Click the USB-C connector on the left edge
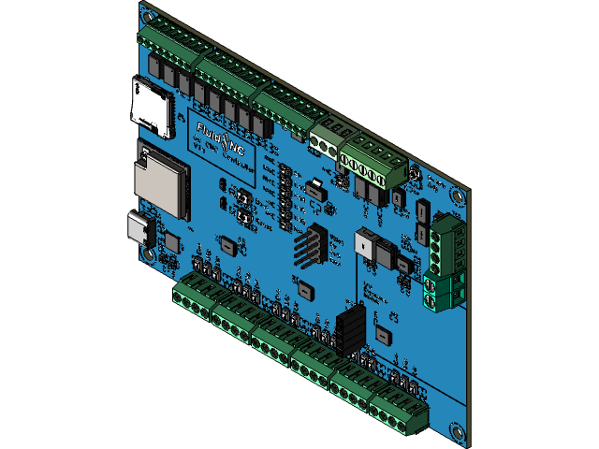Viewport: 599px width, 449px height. click(x=141, y=230)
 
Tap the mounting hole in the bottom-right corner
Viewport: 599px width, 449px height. click(x=457, y=430)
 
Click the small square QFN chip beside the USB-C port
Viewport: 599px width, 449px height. click(x=171, y=241)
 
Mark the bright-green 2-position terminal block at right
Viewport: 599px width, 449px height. click(x=444, y=291)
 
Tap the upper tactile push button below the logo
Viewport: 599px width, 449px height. click(x=241, y=199)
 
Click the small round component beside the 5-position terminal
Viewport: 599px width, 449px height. click(x=413, y=177)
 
